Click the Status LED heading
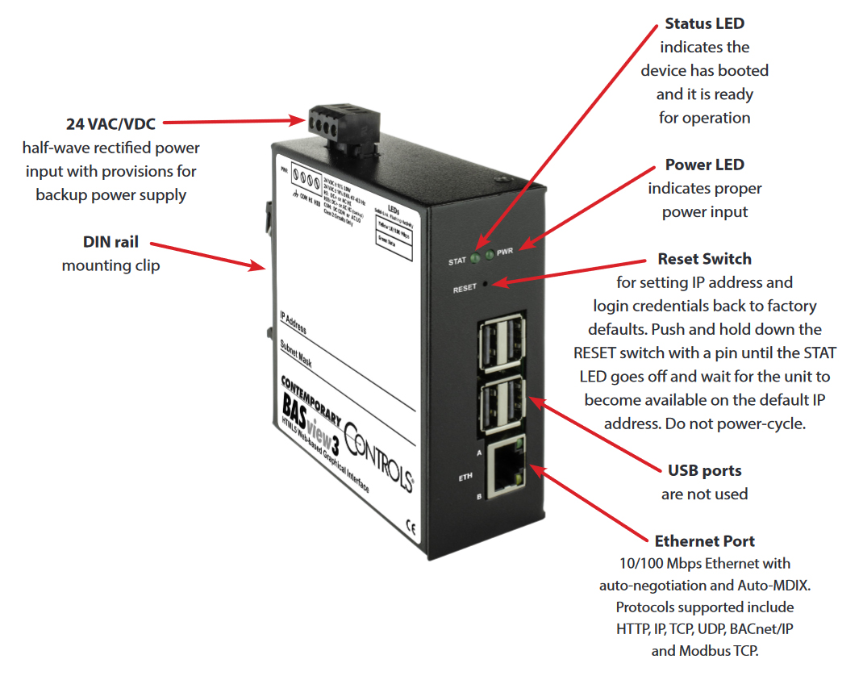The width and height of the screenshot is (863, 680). (704, 24)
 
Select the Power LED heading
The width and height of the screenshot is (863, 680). (704, 165)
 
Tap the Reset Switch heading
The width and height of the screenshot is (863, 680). (704, 259)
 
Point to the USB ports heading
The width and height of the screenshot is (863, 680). (704, 470)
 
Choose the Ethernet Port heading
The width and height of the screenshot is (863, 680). (704, 540)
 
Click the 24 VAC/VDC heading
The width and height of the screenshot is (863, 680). (110, 124)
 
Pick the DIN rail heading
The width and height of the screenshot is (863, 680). (110, 242)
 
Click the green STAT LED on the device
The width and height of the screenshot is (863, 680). (477, 259)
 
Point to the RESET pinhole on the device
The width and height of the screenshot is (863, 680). (486, 284)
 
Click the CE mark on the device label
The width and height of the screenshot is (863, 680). (410, 529)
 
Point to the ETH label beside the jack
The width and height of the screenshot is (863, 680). (466, 478)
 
